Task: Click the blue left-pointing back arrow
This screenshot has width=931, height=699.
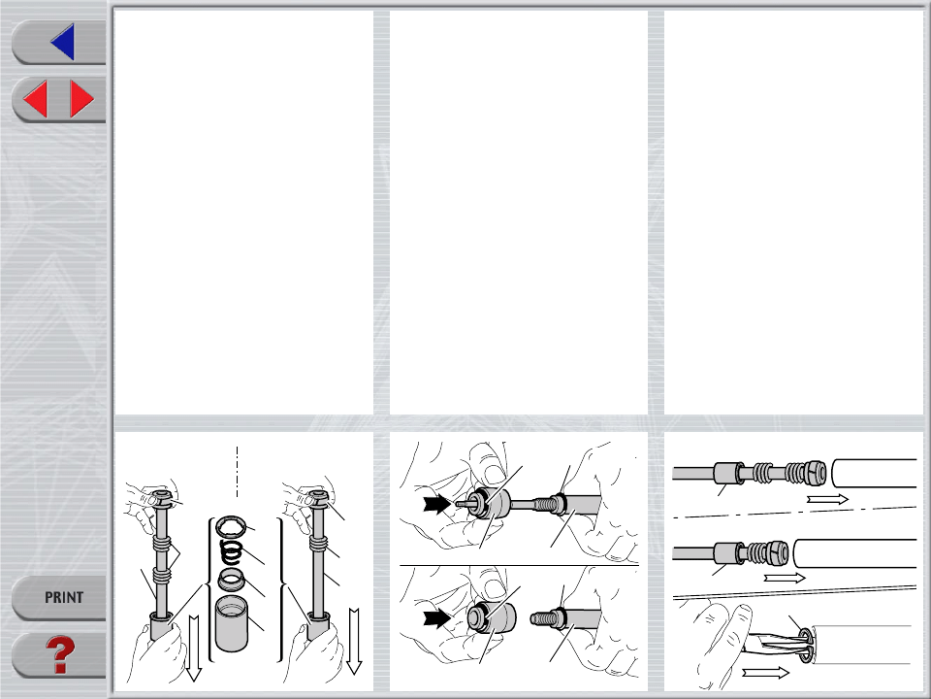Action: tap(63, 42)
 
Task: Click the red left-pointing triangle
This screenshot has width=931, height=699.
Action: tap(36, 99)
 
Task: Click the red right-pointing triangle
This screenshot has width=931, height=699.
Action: tap(81, 99)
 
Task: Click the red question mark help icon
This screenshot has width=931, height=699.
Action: tap(60, 655)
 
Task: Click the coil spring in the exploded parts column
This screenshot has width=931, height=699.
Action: tap(231, 552)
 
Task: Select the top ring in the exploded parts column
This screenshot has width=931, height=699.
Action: tap(231, 525)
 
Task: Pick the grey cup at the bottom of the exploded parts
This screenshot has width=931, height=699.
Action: tap(232, 623)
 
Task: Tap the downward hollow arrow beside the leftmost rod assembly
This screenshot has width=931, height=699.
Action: tap(194, 649)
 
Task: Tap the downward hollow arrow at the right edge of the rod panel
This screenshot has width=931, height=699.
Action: tap(354, 642)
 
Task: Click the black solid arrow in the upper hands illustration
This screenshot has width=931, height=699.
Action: tap(437, 505)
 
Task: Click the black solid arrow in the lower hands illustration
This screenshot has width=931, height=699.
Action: tap(437, 618)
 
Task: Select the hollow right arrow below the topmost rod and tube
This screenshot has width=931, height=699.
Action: tap(827, 499)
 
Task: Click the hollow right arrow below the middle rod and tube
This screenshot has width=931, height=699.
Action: tap(785, 578)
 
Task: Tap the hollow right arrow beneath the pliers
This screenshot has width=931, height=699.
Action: tap(765, 672)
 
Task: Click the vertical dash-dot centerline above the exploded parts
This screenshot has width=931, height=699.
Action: tap(237, 472)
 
